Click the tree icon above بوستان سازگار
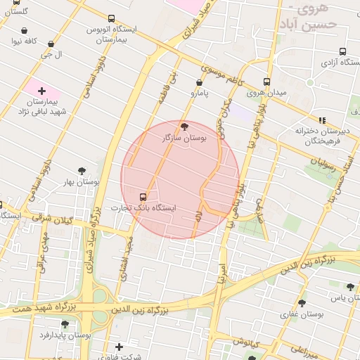[x=185, y=127]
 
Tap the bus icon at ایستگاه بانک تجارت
[x=143, y=197]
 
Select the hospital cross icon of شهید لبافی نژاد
[x=41, y=91]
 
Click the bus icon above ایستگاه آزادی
[x=342, y=51]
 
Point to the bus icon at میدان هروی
[x=266, y=82]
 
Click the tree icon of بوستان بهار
[x=82, y=170]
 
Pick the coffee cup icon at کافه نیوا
[x=25, y=30]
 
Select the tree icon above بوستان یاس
[x=350, y=286]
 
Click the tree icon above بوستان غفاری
[x=302, y=303]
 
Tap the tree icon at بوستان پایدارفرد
[x=65, y=324]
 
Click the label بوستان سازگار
[x=185, y=139]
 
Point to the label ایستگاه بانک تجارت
[x=143, y=209]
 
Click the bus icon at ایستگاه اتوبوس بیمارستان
[x=111, y=19]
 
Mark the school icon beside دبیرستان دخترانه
[x=323, y=120]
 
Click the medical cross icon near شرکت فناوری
[x=119, y=347]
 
